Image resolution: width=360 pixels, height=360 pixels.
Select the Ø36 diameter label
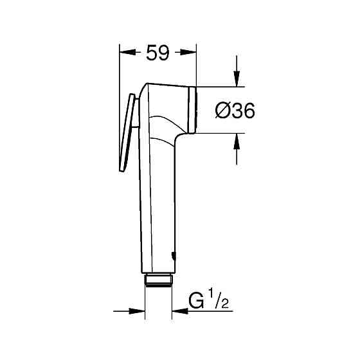pos(233,111)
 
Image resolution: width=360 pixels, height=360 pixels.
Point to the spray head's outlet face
pos(194,109)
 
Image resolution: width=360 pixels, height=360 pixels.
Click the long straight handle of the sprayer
pos(157,206)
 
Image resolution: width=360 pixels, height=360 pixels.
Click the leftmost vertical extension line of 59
pos(120,71)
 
